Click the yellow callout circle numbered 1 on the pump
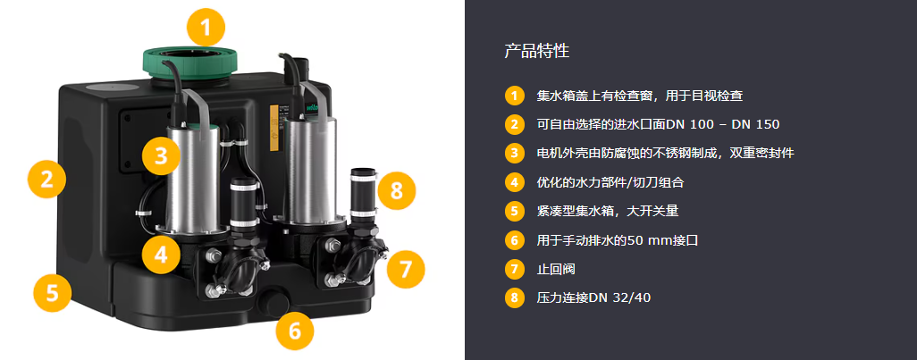click(206, 27)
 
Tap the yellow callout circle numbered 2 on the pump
click(46, 179)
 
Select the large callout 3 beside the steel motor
click(161, 155)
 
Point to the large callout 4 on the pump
click(161, 255)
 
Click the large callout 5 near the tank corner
click(53, 292)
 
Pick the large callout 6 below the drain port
click(295, 331)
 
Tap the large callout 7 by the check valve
click(405, 270)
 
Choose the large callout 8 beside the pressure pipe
click(397, 190)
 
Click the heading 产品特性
click(536, 51)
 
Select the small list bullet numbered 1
click(514, 96)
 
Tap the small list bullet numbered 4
click(514, 182)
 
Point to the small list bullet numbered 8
click(514, 298)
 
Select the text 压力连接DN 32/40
click(593, 298)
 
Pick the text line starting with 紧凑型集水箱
click(607, 211)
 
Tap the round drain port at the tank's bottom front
click(274, 302)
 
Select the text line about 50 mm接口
click(617, 240)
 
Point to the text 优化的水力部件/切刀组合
click(610, 182)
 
